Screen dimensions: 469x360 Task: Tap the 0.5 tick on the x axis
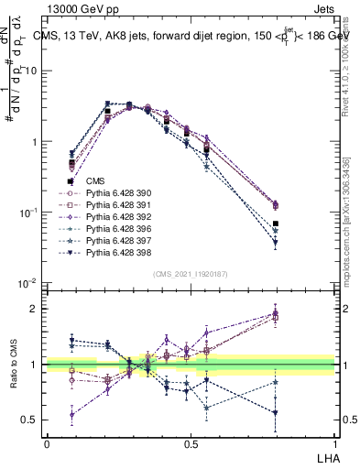191,443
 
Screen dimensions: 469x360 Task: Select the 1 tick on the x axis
334,443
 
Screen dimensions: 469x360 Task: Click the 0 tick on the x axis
47,443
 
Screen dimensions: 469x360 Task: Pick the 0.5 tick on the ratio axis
34,420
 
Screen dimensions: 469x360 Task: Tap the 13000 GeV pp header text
86,8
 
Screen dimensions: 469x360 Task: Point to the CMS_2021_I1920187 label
191,273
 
